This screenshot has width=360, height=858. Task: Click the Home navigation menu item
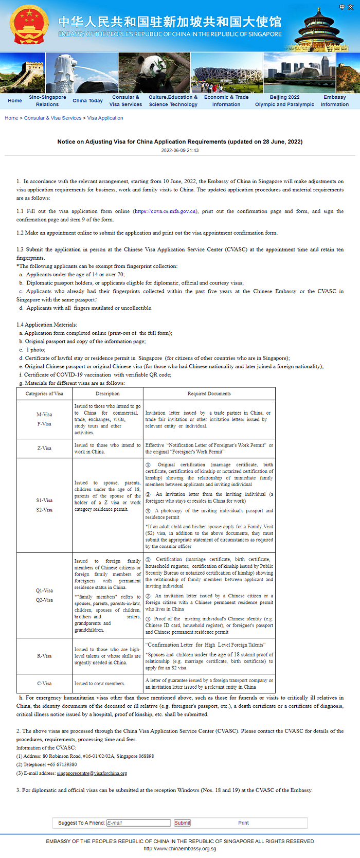(15, 101)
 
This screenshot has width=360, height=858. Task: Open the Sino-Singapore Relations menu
(47, 101)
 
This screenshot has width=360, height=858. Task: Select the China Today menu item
(87, 101)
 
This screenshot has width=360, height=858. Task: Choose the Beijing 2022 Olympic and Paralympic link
(284, 101)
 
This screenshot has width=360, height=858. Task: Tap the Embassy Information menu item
(335, 101)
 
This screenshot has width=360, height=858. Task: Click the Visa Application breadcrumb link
(105, 118)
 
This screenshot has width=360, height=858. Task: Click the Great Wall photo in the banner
(22, 73)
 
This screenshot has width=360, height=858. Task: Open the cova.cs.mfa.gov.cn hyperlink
(165, 211)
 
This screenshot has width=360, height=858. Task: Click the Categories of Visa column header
(44, 394)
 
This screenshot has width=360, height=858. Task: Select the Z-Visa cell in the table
(44, 449)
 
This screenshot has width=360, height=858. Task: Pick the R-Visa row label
(44, 656)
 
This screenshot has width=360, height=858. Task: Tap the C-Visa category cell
(44, 684)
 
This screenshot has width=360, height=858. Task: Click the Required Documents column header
(209, 394)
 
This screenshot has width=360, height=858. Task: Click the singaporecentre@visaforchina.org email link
(92, 773)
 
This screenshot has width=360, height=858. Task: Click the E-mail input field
(138, 823)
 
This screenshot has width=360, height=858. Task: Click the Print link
(243, 823)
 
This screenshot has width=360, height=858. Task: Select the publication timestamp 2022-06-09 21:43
(180, 151)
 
